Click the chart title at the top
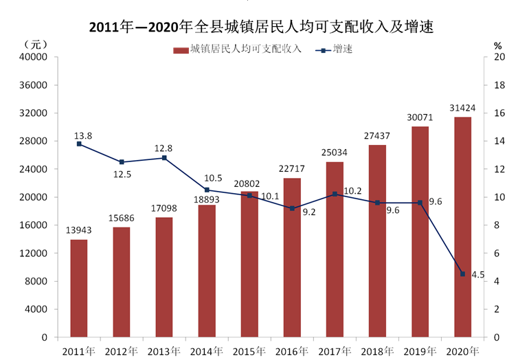pyautogui.click(x=261, y=27)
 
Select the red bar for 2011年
pyautogui.click(x=79, y=289)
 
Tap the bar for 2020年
pyautogui.click(x=463, y=227)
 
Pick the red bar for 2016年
pyautogui.click(x=292, y=258)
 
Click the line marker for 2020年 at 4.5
pyautogui.click(x=463, y=274)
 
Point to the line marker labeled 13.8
pyautogui.click(x=79, y=144)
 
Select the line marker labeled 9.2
pyautogui.click(x=292, y=209)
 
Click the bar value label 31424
pyautogui.click(x=462, y=108)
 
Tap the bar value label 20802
pyautogui.click(x=247, y=183)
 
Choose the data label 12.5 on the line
pyautogui.click(x=122, y=175)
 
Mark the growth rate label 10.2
pyautogui.click(x=352, y=191)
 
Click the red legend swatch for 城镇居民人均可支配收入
pyautogui.click(x=181, y=50)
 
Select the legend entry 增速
pyautogui.click(x=334, y=49)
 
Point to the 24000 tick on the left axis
pyautogui.click(x=33, y=169)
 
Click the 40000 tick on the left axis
pyautogui.click(x=33, y=57)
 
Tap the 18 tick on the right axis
pyautogui.click(x=499, y=85)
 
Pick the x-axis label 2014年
pyautogui.click(x=207, y=352)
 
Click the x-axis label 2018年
pyautogui.click(x=377, y=352)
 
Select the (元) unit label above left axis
pyautogui.click(x=35, y=45)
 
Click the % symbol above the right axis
pyautogui.click(x=497, y=46)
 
